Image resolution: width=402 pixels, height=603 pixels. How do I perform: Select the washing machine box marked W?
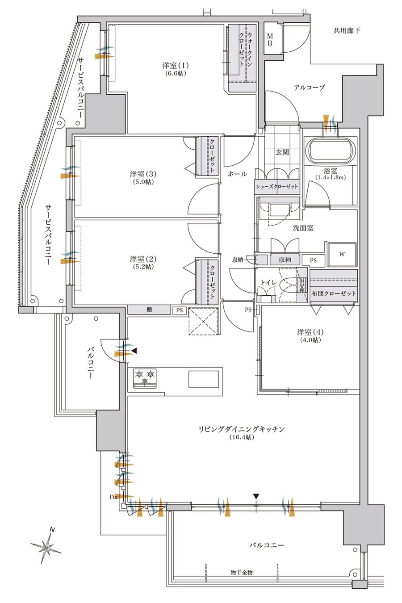click(342, 254)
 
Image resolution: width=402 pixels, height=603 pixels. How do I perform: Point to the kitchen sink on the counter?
click(204, 379)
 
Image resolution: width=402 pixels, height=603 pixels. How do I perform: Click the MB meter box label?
click(270, 39)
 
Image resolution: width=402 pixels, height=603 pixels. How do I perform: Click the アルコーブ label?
click(309, 88)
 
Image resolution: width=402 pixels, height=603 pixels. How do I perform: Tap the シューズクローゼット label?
click(276, 187)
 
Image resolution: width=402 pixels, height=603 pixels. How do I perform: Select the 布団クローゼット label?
click(334, 293)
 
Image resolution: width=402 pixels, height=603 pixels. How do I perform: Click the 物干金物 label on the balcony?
click(242, 572)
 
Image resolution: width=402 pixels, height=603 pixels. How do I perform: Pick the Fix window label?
click(113, 497)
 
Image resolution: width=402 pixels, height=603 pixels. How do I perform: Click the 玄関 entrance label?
click(282, 152)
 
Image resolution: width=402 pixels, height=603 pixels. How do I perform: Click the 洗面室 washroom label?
click(303, 228)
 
